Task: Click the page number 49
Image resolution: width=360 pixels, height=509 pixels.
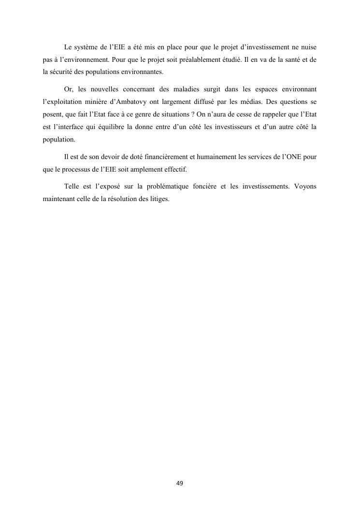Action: tap(180, 483)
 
